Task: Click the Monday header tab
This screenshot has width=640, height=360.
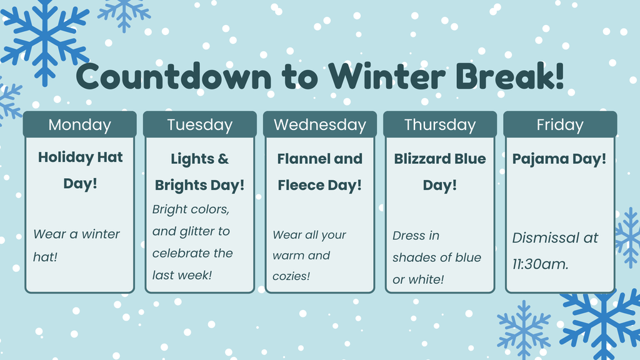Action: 79,124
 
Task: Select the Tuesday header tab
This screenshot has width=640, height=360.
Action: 200,124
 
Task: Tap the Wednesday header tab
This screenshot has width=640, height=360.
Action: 320,124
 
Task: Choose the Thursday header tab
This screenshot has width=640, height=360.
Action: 440,124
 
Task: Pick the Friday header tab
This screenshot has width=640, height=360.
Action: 560,124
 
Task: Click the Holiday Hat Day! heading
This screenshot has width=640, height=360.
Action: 81,170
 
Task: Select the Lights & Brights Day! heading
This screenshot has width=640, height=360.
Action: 199,172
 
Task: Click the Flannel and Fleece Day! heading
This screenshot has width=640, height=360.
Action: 319,172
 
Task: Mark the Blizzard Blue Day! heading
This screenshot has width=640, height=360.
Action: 440,172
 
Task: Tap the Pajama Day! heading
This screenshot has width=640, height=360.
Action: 559,159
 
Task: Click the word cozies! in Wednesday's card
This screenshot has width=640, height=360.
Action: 291,276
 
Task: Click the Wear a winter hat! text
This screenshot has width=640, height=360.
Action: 76,245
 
